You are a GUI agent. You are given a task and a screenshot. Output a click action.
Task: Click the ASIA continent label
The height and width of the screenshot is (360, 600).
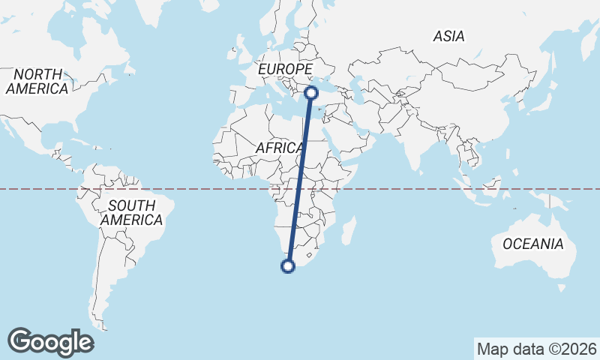point(448,36)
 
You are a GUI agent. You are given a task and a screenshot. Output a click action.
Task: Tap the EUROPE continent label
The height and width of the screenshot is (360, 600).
point(284,70)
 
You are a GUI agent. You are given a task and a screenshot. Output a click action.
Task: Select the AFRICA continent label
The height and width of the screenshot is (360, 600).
point(278,148)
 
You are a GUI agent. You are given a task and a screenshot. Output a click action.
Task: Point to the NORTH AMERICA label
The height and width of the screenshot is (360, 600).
point(36,82)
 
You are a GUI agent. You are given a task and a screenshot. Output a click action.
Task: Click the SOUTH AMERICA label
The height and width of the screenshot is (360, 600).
point(131,213)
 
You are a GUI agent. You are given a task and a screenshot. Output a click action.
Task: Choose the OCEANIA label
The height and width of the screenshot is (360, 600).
point(532,244)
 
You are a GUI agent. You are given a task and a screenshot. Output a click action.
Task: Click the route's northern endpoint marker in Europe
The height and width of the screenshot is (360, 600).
point(310,93)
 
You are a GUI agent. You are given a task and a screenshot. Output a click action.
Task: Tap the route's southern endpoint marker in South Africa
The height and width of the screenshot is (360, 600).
point(287,265)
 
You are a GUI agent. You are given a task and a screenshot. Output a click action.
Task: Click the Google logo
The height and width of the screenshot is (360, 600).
point(50,341)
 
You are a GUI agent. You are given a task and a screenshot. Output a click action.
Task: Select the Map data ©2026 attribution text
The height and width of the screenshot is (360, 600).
point(536,349)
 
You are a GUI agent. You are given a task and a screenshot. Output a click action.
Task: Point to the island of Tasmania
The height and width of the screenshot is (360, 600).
point(560,287)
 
